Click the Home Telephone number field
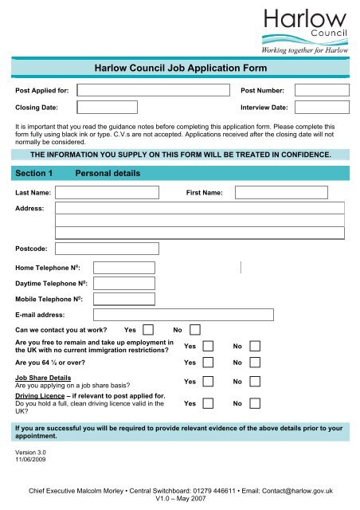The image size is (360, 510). pyautogui.click(x=123, y=268)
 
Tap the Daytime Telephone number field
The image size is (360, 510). pyautogui.click(x=123, y=284)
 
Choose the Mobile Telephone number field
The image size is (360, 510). pyautogui.click(x=123, y=300)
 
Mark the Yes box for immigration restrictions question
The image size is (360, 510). pyautogui.click(x=208, y=347)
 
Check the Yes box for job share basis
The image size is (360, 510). pyautogui.click(x=208, y=382)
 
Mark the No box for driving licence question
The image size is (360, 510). pyautogui.click(x=256, y=404)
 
